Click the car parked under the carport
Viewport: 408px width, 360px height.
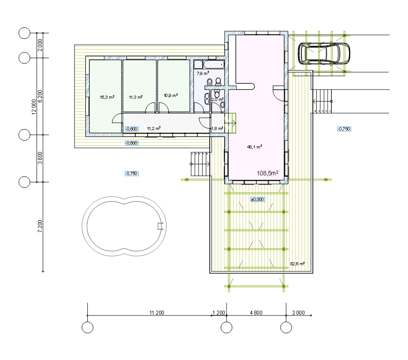pyautogui.click(x=324, y=53)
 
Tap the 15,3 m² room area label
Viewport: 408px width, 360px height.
pyautogui.click(x=107, y=97)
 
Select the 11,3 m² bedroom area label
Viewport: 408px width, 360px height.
pyautogui.click(x=136, y=97)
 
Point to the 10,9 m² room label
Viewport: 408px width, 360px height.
pyautogui.click(x=171, y=95)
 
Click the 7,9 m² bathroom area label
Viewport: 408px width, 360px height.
pyautogui.click(x=203, y=74)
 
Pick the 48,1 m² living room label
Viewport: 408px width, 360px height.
pyautogui.click(x=254, y=147)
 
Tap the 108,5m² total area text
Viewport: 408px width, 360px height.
pyautogui.click(x=267, y=173)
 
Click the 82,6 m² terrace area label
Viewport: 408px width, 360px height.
pyautogui.click(x=297, y=264)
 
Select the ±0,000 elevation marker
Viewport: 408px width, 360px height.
pyautogui.click(x=257, y=200)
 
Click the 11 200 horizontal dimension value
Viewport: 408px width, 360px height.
pyautogui.click(x=157, y=312)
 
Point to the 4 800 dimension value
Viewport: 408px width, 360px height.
pyautogui.click(x=256, y=312)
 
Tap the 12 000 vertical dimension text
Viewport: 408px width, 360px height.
pyautogui.click(x=34, y=107)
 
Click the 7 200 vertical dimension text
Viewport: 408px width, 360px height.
pyautogui.click(x=40, y=226)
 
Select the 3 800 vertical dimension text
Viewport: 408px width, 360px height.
pyautogui.click(x=40, y=158)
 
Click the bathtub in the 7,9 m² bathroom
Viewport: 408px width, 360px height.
pyautogui.click(x=214, y=65)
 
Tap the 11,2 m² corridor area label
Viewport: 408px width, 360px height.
pyautogui.click(x=153, y=128)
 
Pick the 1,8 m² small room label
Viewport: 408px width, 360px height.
pyautogui.click(x=217, y=128)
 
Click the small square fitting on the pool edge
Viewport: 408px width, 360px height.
pyautogui.click(x=160, y=226)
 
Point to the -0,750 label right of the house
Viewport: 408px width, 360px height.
pyautogui.click(x=344, y=129)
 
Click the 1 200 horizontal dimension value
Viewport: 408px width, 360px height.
pyautogui.click(x=219, y=312)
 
